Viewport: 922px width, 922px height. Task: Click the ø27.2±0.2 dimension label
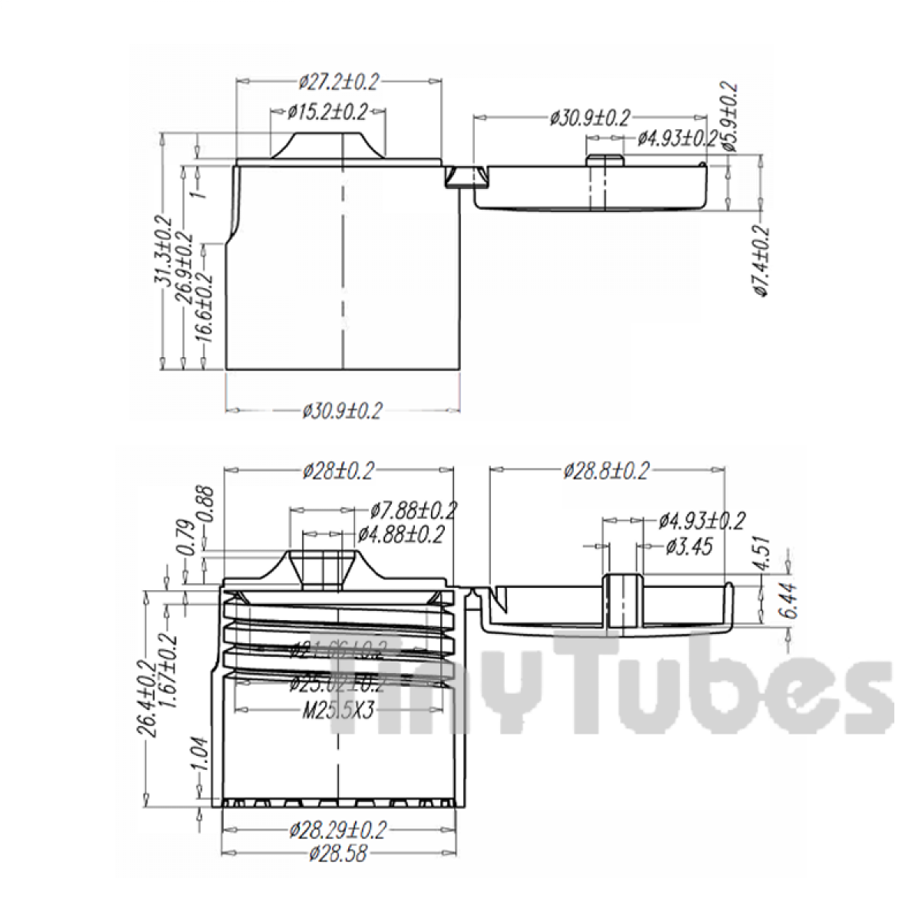[339, 81]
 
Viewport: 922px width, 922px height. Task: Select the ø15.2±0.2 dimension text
[328, 112]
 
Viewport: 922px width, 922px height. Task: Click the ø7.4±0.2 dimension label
[760, 261]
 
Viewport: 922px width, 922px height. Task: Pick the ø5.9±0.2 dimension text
[730, 117]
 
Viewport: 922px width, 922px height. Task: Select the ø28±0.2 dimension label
[338, 469]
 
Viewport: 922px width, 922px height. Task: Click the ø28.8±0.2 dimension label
[606, 469]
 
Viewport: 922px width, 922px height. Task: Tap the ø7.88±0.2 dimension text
[413, 509]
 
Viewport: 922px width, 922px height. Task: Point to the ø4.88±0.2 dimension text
[401, 535]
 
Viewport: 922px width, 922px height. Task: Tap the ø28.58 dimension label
[338, 853]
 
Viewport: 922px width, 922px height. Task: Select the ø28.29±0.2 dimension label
[338, 830]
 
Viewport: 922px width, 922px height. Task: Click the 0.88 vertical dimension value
[205, 504]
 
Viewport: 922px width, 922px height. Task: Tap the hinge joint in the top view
[466, 177]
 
